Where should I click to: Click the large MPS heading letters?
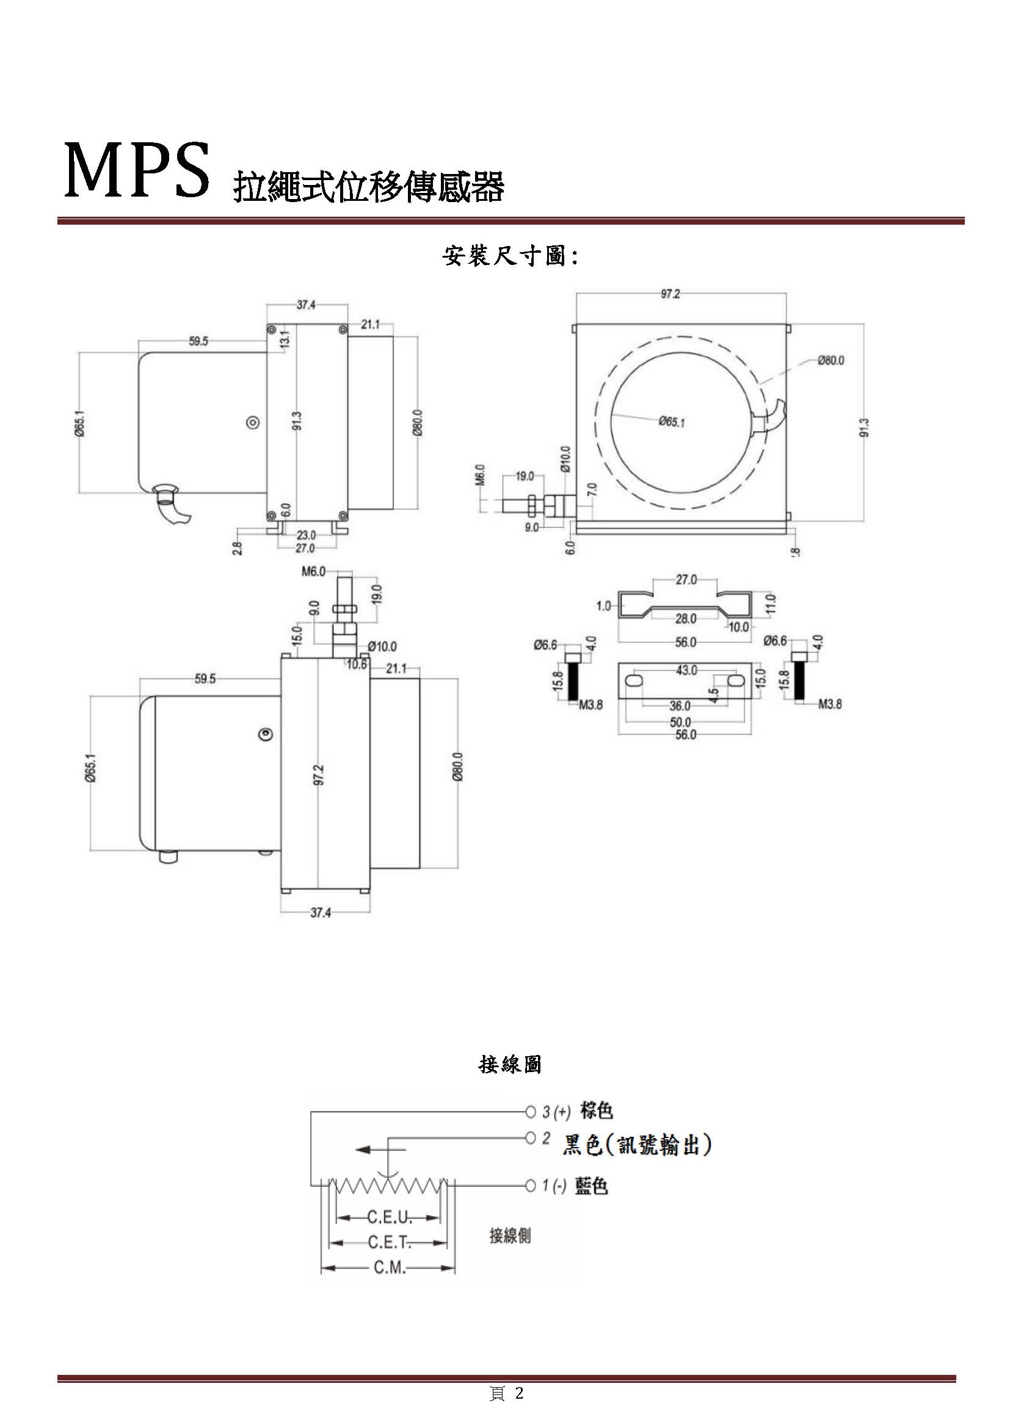click(137, 170)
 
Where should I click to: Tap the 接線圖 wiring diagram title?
click(510, 1064)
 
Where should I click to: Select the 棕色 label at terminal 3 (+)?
click(597, 1110)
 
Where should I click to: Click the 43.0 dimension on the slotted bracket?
click(686, 670)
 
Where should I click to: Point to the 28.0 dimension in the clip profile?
click(686, 619)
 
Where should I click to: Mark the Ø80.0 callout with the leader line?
click(831, 360)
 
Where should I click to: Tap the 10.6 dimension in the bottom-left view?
click(357, 664)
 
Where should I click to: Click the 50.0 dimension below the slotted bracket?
click(681, 722)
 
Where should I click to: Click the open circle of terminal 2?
click(531, 1138)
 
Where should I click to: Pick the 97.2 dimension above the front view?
click(670, 294)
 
